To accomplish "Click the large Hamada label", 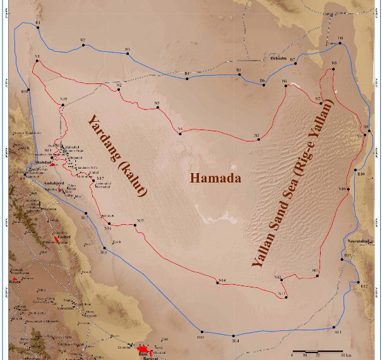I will pyautogui.click(x=216, y=178).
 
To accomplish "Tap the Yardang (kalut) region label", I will pyautogui.click(x=117, y=155).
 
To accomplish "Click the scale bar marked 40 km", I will pyautogui.click(x=317, y=351).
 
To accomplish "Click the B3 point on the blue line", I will pyautogui.click(x=128, y=53).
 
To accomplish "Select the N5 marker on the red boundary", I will pyautogui.click(x=259, y=139).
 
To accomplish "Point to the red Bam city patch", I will pyautogui.click(x=143, y=349).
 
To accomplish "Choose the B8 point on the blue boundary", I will pyautogui.click(x=340, y=43).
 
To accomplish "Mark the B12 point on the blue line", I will pyautogui.click(x=358, y=282).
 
